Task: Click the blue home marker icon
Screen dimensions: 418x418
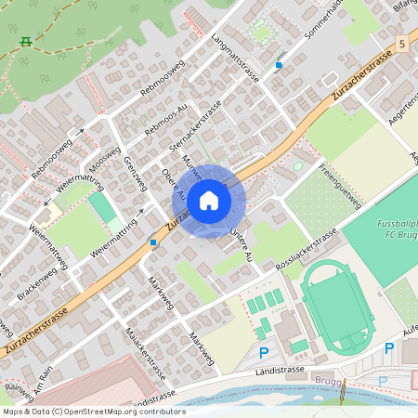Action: point(209,200)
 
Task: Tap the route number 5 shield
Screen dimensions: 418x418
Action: point(401,44)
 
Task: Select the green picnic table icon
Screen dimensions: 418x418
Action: point(25,43)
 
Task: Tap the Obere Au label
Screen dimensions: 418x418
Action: point(174,184)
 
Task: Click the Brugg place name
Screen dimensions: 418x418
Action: point(328,381)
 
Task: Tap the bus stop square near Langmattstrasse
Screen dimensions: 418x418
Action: point(279,65)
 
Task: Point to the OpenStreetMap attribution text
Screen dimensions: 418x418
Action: point(93,411)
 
